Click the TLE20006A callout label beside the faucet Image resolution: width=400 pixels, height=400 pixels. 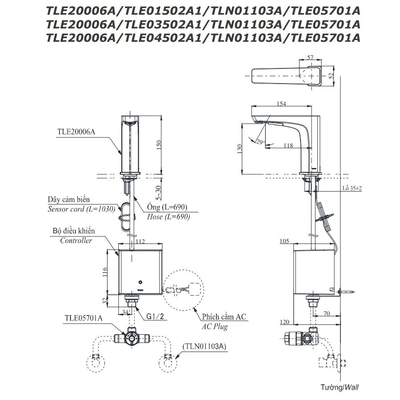(76, 132)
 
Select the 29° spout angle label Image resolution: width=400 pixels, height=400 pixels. (260, 142)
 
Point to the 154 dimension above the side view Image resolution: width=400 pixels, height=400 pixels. (281, 104)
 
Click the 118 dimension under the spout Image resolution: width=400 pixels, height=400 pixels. (288, 145)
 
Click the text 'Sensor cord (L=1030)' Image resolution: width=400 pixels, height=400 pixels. (82, 208)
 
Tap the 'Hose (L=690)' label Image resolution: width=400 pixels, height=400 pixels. (169, 217)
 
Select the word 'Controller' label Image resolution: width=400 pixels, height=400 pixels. (76, 240)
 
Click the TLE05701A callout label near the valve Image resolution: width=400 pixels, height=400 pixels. (84, 318)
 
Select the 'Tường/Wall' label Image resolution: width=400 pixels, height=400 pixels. (339, 387)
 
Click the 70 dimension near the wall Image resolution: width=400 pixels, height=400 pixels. (327, 313)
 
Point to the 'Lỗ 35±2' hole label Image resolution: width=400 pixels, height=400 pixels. (352, 188)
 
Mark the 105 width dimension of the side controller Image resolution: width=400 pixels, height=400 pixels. (285, 241)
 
